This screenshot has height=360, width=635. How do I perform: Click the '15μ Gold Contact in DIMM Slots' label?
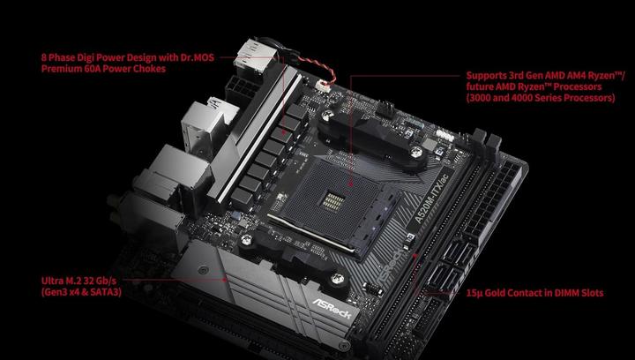(x=534, y=293)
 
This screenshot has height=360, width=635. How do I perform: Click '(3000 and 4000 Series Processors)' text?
(x=540, y=99)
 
